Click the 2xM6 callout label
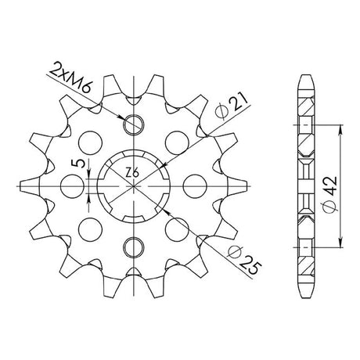[x=70, y=78]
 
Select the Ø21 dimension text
[x=232, y=106]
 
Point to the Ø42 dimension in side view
[x=330, y=194]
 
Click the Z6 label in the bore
[x=131, y=173]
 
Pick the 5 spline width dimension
[x=80, y=164]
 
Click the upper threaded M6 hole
[x=134, y=124]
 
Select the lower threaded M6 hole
[x=134, y=247]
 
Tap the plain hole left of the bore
[x=72, y=186]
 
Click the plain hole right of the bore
[x=195, y=186]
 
